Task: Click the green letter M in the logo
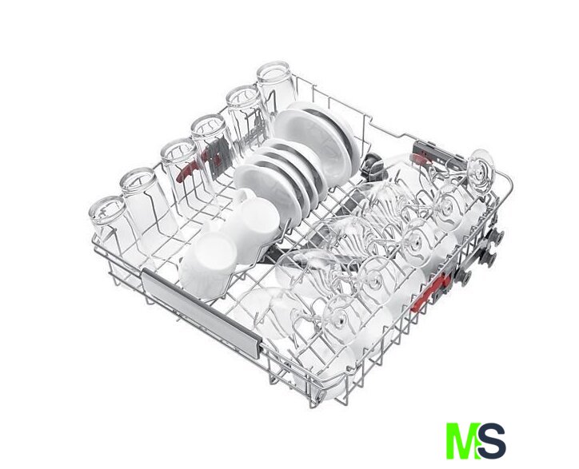463,441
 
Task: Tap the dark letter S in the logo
492,441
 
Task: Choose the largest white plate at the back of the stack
317,142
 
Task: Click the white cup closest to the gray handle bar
209,264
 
